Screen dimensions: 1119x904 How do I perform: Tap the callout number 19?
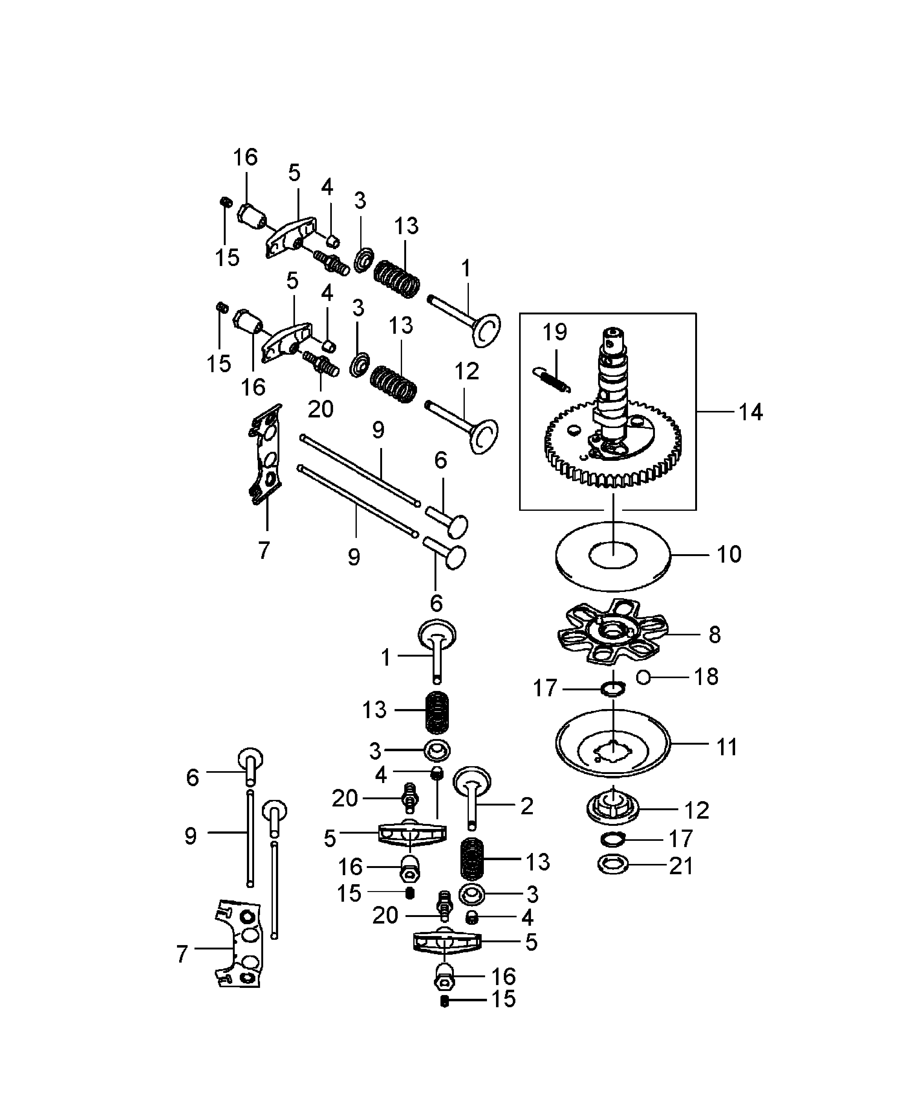[x=555, y=332]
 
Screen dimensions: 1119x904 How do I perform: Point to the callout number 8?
[x=715, y=635]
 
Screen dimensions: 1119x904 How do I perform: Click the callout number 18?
[x=706, y=677]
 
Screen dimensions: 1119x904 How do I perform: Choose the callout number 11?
[x=727, y=747]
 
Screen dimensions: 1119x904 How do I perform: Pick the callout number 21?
[x=681, y=866]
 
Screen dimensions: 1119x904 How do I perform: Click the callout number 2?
[x=527, y=806]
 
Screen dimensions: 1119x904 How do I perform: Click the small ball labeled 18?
[x=644, y=678]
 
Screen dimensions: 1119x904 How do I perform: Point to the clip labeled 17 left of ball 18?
[x=612, y=689]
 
